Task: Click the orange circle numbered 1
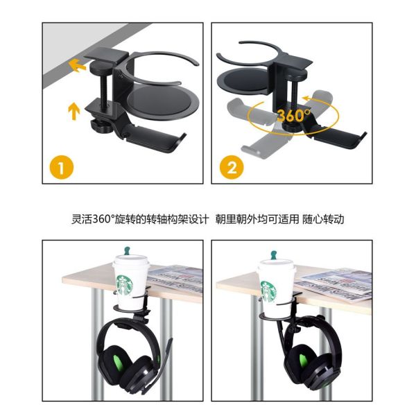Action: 62,168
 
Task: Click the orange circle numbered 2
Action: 232,168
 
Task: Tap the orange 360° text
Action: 294,115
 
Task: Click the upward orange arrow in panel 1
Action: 74,111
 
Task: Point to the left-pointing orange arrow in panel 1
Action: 77,66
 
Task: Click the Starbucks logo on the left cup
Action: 124,285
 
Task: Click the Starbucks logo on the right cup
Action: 268,291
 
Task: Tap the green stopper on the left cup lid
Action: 128,250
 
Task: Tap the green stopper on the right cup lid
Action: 274,254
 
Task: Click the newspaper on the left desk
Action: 175,279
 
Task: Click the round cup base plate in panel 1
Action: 162,103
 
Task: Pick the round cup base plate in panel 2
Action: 244,81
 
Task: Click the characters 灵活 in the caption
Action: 82,219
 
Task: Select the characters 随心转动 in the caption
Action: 323,219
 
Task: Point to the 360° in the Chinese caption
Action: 103,219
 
